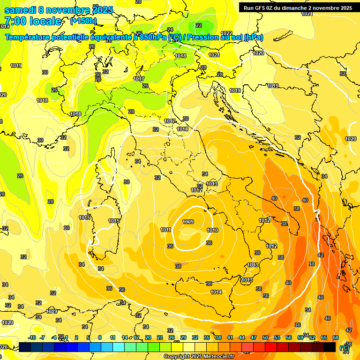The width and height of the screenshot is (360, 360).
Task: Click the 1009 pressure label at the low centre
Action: tap(188, 222)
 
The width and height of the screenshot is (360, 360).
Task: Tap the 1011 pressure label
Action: tap(165, 230)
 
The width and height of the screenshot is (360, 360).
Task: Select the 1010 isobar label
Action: tap(212, 230)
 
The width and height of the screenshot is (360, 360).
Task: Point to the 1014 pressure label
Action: tap(216, 292)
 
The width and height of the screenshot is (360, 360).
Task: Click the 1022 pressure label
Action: tap(226, 33)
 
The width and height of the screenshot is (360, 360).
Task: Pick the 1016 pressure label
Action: tap(183, 129)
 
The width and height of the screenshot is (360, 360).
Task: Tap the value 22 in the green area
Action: tap(199, 25)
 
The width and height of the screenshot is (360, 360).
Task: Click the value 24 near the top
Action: tap(170, 30)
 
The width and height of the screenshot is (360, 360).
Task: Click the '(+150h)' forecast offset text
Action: tap(83, 21)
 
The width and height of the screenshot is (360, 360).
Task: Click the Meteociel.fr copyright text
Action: tap(199, 356)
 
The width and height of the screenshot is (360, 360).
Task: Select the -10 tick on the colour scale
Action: tap(32, 337)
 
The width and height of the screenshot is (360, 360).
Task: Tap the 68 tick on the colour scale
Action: tap(336, 337)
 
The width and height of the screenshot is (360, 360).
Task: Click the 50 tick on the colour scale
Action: tap(265, 337)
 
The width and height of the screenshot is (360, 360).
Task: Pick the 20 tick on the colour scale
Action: tap(148, 337)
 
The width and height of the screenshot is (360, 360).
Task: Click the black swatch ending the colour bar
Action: tap(330, 347)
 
